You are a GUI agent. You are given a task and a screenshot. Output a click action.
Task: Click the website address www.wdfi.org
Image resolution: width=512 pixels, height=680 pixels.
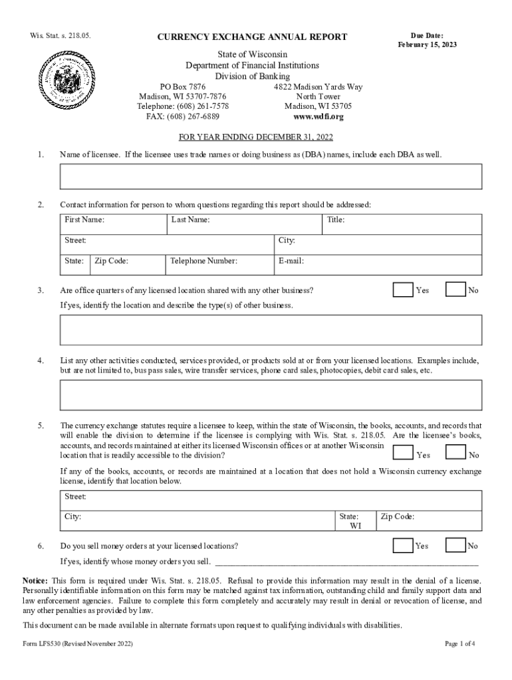coord(319,117)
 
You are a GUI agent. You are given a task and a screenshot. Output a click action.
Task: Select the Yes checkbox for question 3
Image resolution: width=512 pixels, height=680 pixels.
coord(403,290)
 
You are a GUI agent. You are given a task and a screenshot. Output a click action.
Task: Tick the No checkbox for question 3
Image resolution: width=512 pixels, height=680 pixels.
coord(455,290)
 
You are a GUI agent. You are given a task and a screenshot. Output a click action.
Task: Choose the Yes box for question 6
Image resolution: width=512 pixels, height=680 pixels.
coord(403,546)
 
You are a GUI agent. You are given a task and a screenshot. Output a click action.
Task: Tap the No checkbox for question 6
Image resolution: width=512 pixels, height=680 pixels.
coord(455,546)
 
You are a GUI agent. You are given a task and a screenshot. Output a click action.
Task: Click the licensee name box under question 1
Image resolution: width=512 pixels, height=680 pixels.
coord(271,177)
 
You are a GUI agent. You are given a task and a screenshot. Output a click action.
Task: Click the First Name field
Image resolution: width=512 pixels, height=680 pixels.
coord(112,224)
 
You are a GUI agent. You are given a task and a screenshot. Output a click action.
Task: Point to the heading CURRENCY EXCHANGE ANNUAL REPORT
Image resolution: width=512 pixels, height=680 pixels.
coord(252,37)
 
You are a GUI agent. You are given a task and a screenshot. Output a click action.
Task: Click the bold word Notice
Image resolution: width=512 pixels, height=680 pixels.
coord(35,580)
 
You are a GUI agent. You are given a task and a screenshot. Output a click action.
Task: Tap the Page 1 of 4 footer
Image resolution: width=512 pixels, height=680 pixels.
coord(459,644)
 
